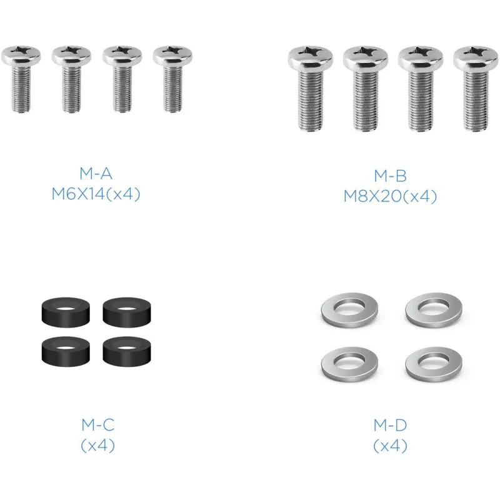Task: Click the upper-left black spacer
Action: (66, 312)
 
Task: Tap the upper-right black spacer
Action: (127, 312)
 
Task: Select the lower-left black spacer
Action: (66, 351)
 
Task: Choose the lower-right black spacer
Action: (127, 351)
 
